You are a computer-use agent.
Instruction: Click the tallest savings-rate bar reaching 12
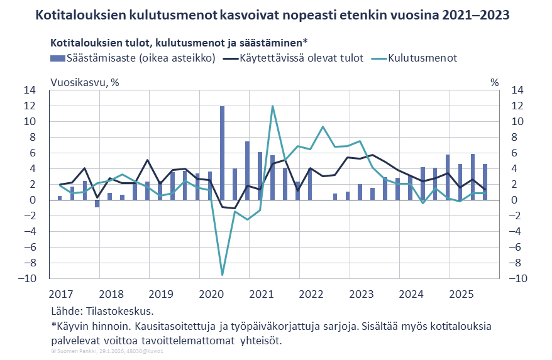pyautogui.click(x=223, y=151)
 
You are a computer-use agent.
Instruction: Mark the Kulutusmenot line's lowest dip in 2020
pyautogui.click(x=223, y=274)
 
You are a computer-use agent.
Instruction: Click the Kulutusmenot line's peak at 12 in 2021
pyautogui.click(x=272, y=106)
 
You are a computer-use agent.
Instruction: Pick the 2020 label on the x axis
pyautogui.click(x=211, y=294)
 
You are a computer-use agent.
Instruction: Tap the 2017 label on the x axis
pyautogui.click(x=62, y=294)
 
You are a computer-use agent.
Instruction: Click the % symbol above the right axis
pyautogui.click(x=495, y=82)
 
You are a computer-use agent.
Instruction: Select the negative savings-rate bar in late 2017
pyautogui.click(x=97, y=204)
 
